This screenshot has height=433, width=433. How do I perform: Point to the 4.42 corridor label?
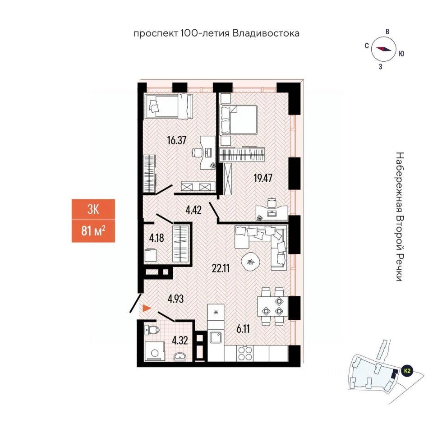tap(193, 209)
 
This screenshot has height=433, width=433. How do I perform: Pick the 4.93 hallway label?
tap(176, 298)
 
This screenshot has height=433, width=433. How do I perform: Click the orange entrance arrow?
tap(146, 309)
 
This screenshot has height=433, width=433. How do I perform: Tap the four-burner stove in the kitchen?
tap(246, 352)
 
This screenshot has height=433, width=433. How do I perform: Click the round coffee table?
tap(250, 261)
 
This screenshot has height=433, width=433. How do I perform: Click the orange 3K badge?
tap(93, 210)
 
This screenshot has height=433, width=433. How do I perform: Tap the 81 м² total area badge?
tap(93, 232)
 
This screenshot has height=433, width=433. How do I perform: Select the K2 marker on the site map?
tap(407, 371)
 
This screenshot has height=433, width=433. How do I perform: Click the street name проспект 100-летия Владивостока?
tap(216, 33)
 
